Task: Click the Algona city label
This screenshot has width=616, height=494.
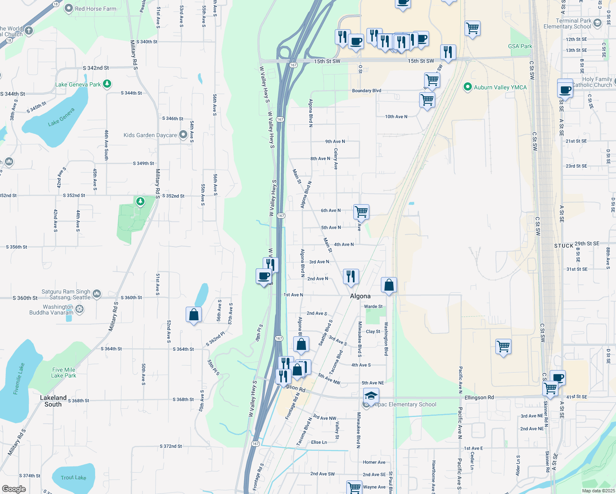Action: point(360,296)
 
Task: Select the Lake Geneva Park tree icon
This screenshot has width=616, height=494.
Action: point(107,84)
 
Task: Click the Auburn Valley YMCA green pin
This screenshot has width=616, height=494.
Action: point(467,87)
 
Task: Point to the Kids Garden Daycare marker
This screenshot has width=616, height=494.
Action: point(183,135)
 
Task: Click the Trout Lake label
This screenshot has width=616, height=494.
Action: point(73,478)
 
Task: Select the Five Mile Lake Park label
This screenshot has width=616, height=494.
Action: point(63,373)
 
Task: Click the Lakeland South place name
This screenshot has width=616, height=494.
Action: point(53,401)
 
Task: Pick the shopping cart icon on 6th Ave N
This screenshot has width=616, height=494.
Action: point(361,212)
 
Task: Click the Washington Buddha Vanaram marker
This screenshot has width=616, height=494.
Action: point(79,309)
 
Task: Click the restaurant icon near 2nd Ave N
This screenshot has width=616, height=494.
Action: point(351,276)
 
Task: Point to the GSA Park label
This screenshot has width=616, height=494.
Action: point(520,46)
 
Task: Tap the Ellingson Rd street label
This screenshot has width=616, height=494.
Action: point(479,397)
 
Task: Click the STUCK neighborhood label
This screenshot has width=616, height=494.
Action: point(564,246)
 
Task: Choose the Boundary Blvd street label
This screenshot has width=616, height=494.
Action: point(366,91)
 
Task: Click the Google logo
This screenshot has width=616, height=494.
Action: point(14,489)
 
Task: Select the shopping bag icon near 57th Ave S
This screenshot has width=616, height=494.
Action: point(194,315)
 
